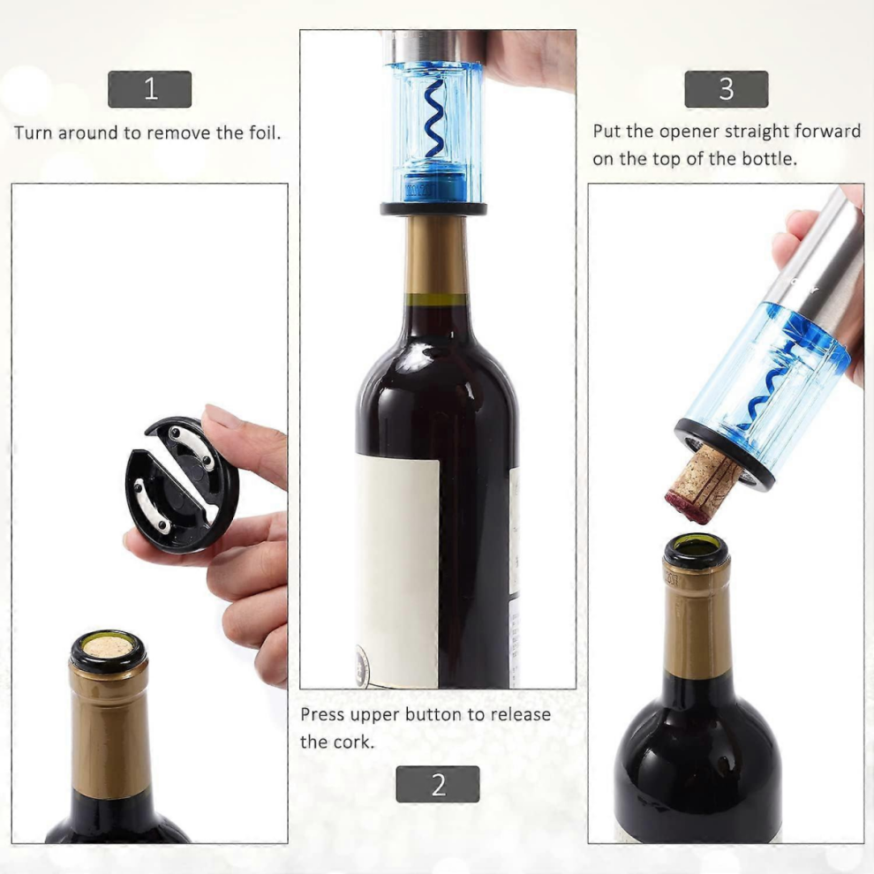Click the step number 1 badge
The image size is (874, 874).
(x=149, y=89)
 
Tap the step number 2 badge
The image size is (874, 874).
(x=438, y=784)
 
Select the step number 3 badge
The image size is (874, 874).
(x=727, y=89)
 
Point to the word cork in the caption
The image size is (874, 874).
(x=354, y=742)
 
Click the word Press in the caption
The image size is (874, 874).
(x=321, y=714)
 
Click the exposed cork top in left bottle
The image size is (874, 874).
(x=108, y=646)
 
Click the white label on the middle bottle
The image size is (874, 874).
(x=397, y=571)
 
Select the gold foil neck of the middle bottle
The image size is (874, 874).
(x=436, y=255)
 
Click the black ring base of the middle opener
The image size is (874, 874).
(x=433, y=209)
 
